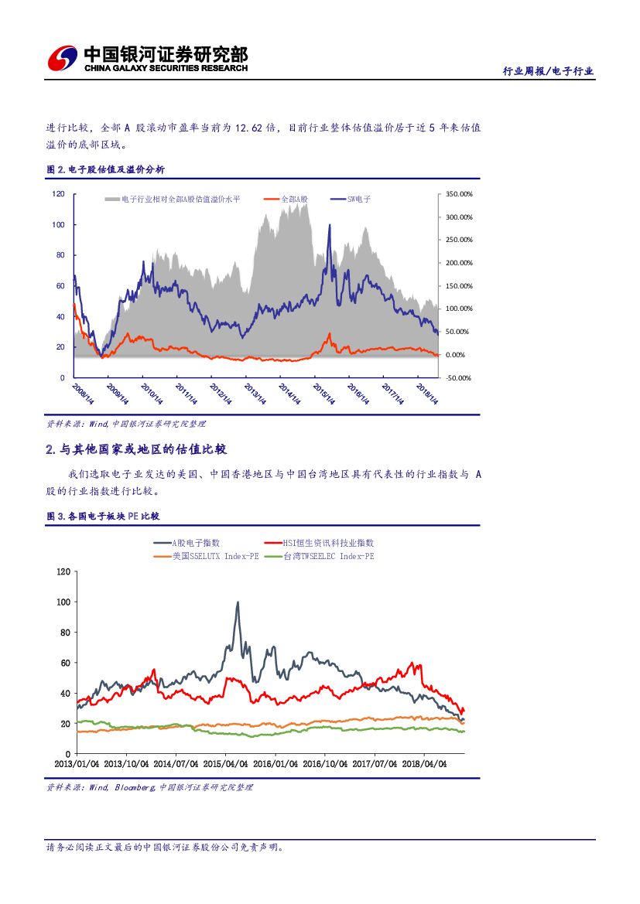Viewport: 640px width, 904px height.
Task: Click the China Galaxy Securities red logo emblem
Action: click(63, 59)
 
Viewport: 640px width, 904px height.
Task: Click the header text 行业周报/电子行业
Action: click(548, 71)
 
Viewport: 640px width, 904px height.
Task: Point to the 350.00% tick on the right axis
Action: click(460, 194)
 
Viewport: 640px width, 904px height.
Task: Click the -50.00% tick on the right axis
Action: click(460, 377)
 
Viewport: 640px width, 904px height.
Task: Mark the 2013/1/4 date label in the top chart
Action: click(255, 394)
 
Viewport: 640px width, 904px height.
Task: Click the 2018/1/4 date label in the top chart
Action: click(428, 394)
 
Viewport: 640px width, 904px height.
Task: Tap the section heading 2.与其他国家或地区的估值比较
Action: click(137, 449)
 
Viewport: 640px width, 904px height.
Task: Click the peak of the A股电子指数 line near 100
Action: click(238, 602)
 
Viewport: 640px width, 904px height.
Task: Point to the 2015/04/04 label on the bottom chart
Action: click(226, 763)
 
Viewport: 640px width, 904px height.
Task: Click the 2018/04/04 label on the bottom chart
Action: click(424, 763)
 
